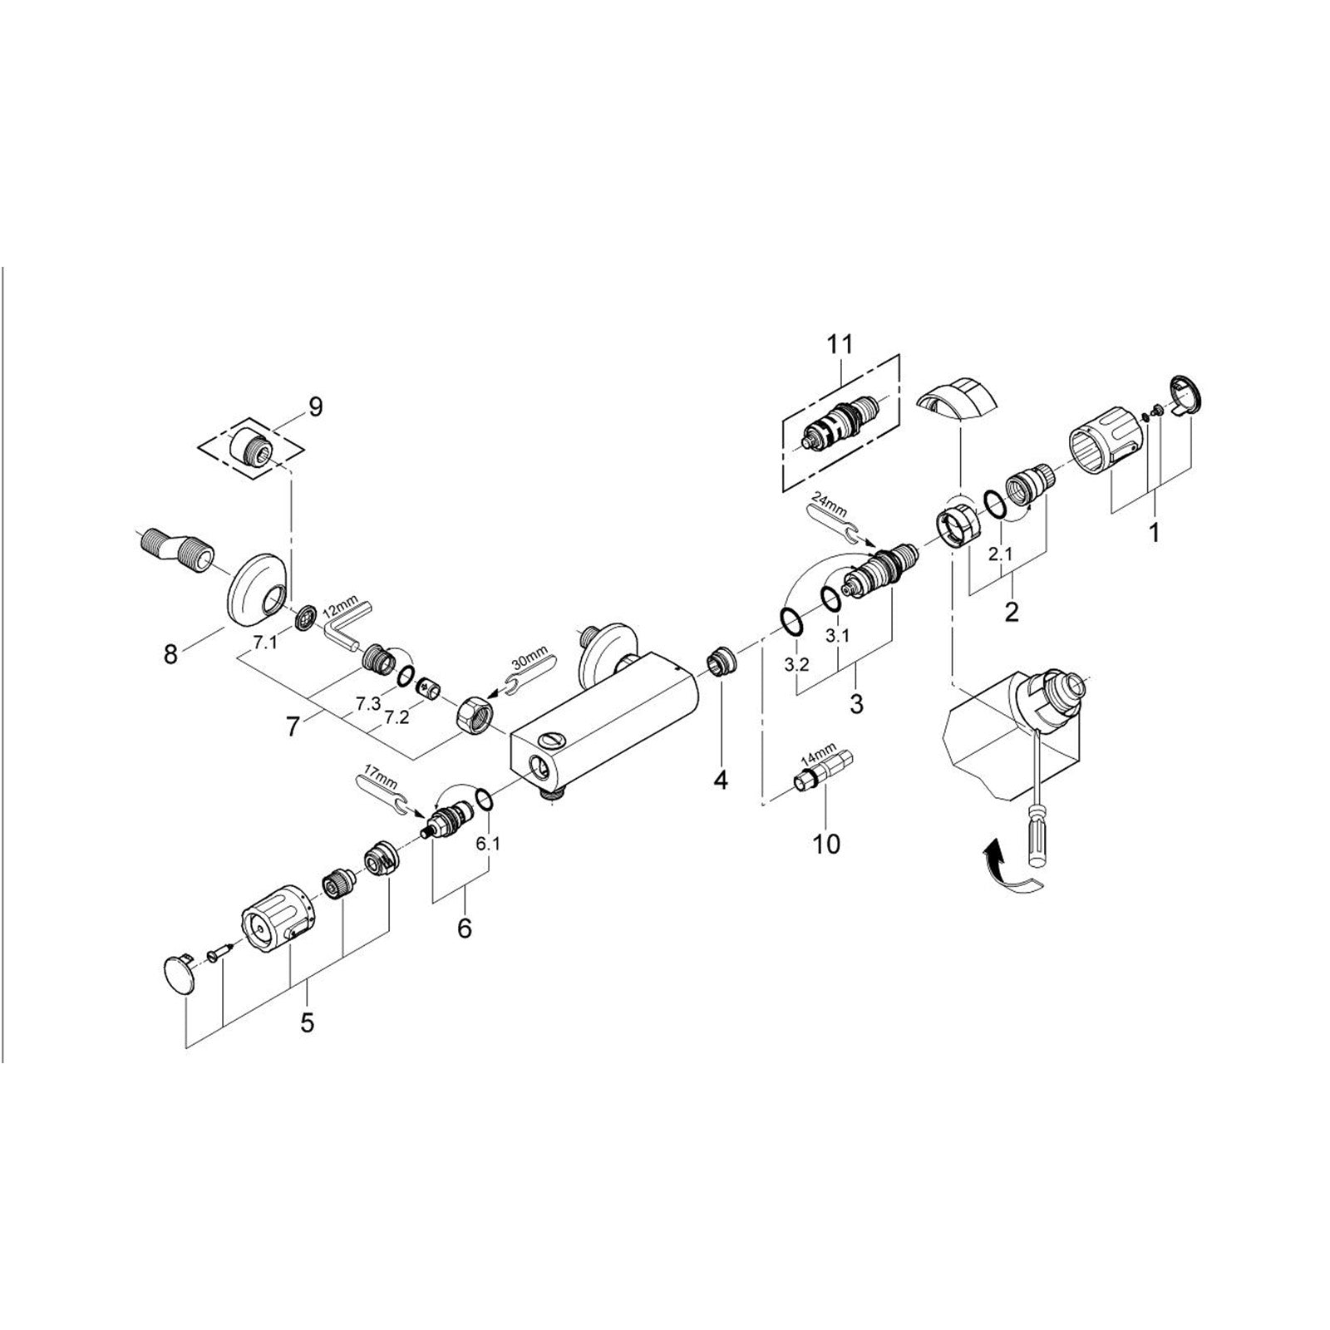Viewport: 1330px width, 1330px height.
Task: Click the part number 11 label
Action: (839, 343)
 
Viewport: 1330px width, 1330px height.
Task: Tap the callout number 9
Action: (315, 407)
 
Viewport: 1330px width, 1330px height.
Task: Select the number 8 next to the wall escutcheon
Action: (170, 655)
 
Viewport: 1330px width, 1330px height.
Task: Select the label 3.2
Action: (796, 667)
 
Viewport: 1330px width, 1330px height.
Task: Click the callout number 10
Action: (826, 844)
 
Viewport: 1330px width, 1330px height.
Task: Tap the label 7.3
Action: (367, 703)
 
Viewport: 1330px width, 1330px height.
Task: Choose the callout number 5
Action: (308, 1022)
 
